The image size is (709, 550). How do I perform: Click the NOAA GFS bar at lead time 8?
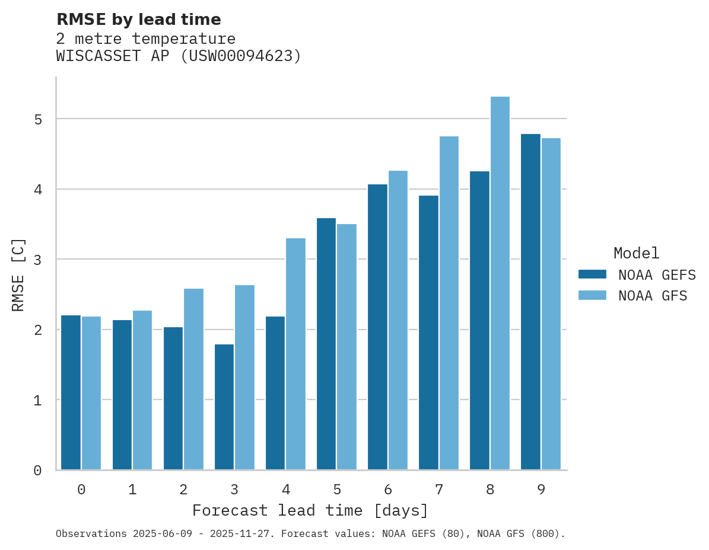[500, 283]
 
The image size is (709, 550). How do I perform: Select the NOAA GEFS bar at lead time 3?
[224, 407]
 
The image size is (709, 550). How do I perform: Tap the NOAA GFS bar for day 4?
[295, 354]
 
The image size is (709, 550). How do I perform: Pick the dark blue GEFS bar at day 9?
[531, 302]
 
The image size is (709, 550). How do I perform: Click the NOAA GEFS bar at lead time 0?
[71, 392]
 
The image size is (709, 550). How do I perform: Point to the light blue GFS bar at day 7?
[449, 303]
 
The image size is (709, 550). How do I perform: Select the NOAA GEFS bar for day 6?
[377, 327]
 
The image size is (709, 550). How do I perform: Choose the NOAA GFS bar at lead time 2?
[193, 379]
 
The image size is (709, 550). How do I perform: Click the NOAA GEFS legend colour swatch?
[592, 274]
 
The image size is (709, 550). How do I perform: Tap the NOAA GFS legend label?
[653, 296]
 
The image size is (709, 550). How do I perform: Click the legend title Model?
[636, 254]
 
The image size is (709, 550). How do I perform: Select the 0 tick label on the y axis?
[37, 471]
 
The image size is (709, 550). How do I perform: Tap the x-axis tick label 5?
[337, 490]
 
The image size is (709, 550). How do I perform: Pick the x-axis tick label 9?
[541, 490]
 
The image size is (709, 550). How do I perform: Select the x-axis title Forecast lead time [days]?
[310, 511]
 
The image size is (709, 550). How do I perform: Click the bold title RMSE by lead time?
[139, 20]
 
